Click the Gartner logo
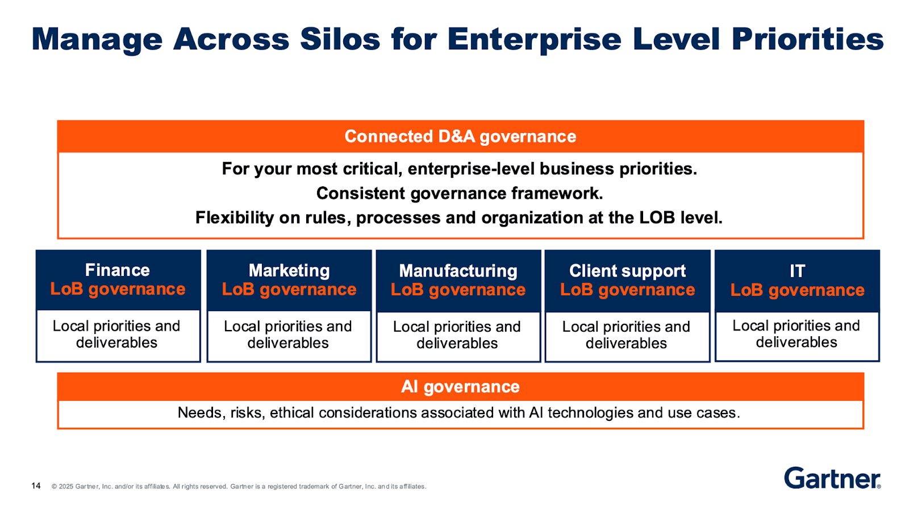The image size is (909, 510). click(x=832, y=478)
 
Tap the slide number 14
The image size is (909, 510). click(x=36, y=486)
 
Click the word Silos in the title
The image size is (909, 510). click(x=340, y=39)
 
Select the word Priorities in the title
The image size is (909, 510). click(x=807, y=39)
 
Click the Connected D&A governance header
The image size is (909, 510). click(x=460, y=136)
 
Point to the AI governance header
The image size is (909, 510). click(x=460, y=387)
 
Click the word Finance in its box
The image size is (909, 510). click(x=118, y=270)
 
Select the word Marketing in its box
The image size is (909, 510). click(x=289, y=270)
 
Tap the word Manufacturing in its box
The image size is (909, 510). click(x=458, y=271)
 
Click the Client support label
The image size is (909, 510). click(x=627, y=271)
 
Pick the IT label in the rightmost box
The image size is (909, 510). click(x=797, y=271)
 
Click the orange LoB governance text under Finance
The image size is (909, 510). click(x=118, y=289)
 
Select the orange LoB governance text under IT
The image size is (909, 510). click(x=797, y=290)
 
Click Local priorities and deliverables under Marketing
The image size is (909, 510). click(x=288, y=335)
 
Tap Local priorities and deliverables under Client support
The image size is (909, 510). click(x=626, y=335)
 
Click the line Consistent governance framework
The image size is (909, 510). click(x=460, y=194)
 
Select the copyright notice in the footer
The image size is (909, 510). click(x=239, y=487)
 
